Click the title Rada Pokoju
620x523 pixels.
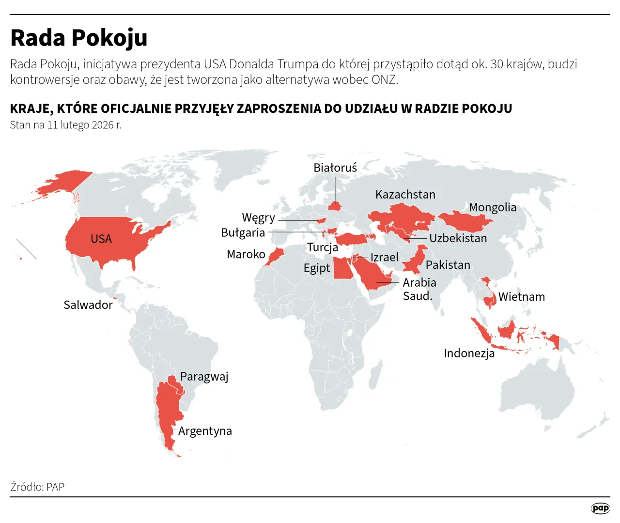coord(78,38)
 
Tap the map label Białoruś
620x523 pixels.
coord(335,168)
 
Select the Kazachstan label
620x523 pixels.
coord(405,194)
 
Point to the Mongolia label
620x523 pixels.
coord(493,207)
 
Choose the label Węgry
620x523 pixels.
coord(258,217)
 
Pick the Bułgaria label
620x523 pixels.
coord(243,232)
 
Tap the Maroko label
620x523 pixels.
coord(246,254)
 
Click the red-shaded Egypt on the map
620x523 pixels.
coord(342,269)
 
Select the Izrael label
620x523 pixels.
coord(385,257)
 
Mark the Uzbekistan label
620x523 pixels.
coord(458,238)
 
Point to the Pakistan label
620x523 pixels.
coord(448,265)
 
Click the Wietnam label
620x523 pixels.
coord(522,297)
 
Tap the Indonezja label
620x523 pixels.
coord(469,353)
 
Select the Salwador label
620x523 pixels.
coord(88,305)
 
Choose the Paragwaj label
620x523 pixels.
coord(204,376)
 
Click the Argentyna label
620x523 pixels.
coord(205,431)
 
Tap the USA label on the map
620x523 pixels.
coord(101,239)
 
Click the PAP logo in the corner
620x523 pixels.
coord(600,508)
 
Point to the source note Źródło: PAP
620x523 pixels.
coord(37,487)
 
